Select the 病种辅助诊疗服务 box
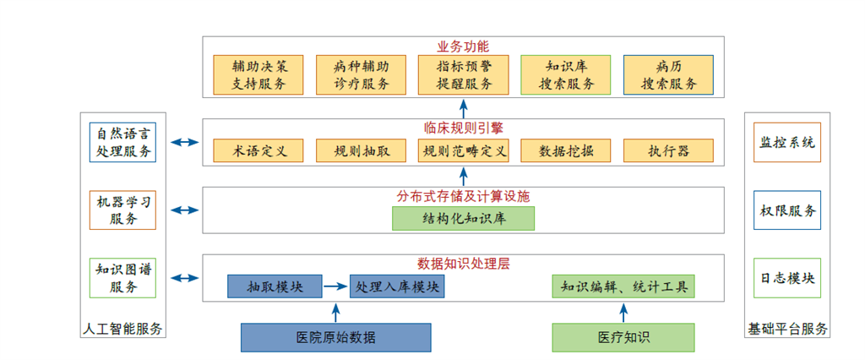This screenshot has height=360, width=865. point(362,74)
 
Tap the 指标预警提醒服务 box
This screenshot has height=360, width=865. point(464,74)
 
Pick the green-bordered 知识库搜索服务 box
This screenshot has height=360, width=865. point(566,74)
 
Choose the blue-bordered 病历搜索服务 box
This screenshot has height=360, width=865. point(668,74)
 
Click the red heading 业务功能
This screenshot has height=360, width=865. point(463,46)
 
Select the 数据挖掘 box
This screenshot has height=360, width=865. point(566,151)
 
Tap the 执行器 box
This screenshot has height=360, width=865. point(668,151)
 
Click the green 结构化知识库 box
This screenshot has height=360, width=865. point(464,218)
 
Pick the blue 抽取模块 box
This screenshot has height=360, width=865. point(275,286)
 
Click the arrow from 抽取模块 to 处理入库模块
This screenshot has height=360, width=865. point(335,286)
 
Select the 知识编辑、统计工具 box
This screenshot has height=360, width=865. point(623,286)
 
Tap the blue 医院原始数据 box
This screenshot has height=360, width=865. point(335,337)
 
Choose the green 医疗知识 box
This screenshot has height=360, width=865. point(623,337)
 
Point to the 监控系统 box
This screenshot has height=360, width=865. point(786,142)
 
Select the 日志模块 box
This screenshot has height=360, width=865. point(786,277)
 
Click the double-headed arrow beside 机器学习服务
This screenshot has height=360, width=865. point(182,210)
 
